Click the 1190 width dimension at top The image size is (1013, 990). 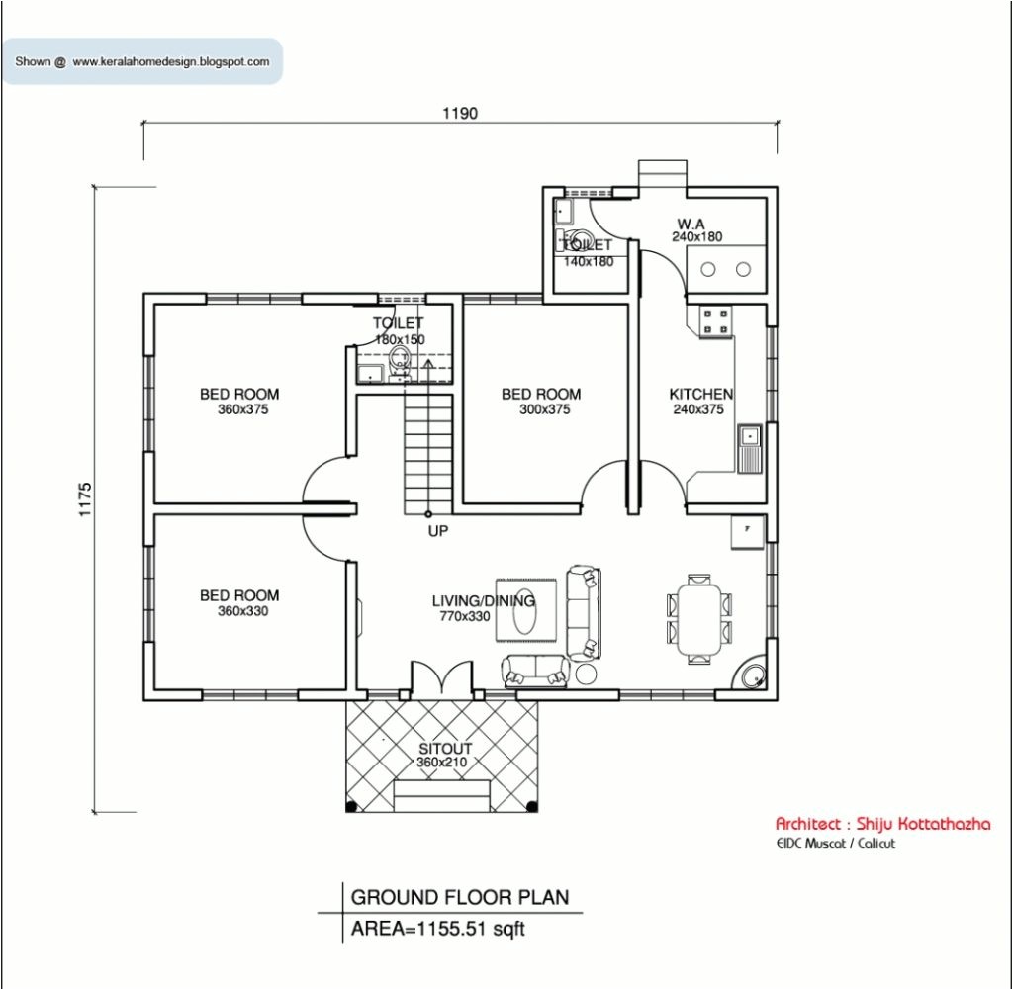tap(459, 113)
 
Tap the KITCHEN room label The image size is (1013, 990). tap(700, 394)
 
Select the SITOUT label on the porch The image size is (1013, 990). tap(444, 749)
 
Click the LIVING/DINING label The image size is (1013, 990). tap(483, 600)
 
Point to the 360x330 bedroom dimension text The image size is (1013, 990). tap(242, 611)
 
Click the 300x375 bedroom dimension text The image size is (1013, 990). tap(544, 409)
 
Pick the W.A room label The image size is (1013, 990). tap(691, 224)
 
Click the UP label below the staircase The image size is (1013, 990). tap(438, 531)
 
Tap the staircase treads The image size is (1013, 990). tap(427, 450)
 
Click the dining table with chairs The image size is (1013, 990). tap(699, 618)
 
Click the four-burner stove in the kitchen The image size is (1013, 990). tap(715, 320)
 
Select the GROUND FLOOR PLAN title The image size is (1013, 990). tap(460, 897)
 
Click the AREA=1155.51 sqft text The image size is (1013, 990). tap(437, 929)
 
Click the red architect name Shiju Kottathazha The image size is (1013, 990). tap(881, 824)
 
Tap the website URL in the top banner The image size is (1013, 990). tap(170, 61)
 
